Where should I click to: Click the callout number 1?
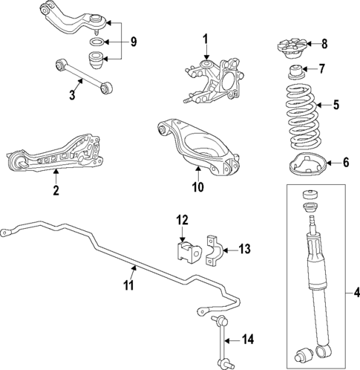coord(206,39)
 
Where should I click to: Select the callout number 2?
coord(56,190)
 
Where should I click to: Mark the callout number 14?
coord(248,340)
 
